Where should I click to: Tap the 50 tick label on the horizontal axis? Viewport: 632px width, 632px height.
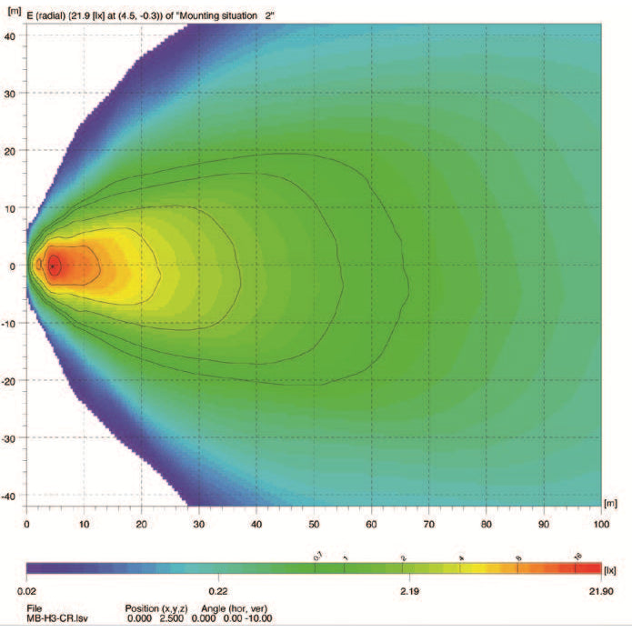[314, 523]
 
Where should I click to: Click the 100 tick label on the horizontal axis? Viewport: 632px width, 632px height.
[599, 523]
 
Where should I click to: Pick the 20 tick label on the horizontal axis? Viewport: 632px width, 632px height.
[141, 523]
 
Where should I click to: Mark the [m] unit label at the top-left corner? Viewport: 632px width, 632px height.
[13, 15]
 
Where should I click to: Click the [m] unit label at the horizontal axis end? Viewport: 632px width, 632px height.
[609, 502]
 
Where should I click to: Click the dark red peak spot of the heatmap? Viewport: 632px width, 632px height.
[54, 265]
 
